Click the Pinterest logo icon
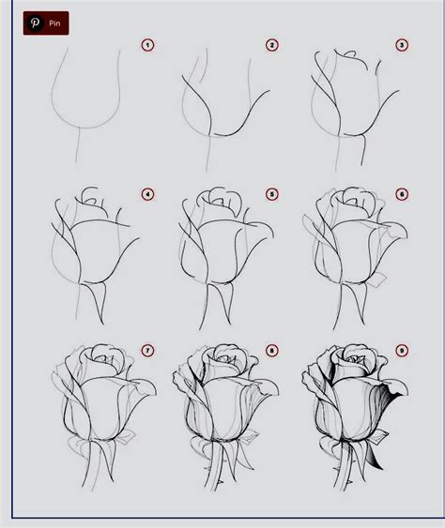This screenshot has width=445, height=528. pos(36,23)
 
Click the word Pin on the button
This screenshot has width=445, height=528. pos(54,23)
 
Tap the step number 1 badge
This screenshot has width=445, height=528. pos(147,44)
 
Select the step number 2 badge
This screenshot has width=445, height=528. pos(272,44)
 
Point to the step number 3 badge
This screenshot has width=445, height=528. pos(402,44)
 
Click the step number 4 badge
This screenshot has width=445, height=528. pos(147,195)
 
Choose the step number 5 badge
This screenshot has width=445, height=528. pos(272,195)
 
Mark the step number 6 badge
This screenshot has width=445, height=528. pos(402,195)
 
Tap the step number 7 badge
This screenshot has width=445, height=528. pos(147,351)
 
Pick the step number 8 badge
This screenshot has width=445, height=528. pos(272,351)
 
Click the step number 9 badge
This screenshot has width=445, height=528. pos(402,351)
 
